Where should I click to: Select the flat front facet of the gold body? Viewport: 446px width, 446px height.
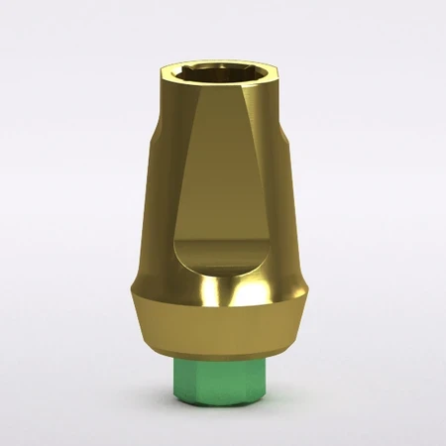220,188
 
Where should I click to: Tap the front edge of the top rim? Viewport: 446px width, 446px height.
223,91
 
